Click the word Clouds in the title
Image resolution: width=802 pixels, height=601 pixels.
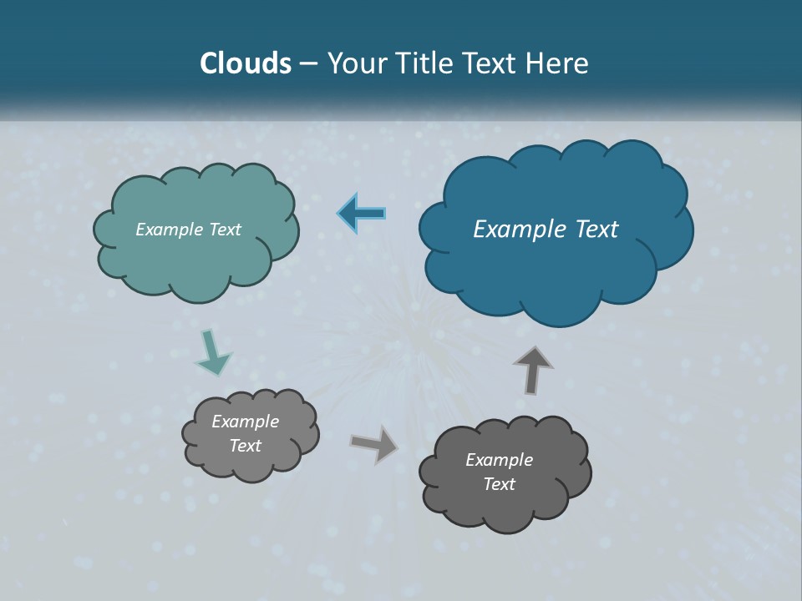(x=245, y=63)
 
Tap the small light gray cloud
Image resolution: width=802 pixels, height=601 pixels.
(x=251, y=463)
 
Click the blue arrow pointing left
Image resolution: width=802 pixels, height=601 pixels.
(x=362, y=214)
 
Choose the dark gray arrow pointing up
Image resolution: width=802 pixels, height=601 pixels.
(x=533, y=370)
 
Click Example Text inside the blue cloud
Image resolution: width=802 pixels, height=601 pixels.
(x=546, y=230)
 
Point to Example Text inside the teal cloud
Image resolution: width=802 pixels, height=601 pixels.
(x=188, y=230)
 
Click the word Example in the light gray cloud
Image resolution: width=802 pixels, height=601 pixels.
(x=245, y=422)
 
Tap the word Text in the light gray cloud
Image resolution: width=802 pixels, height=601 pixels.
(x=245, y=446)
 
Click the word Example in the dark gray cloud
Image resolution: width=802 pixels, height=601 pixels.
(x=499, y=460)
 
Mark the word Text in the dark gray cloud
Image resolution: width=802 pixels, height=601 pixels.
(x=499, y=484)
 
